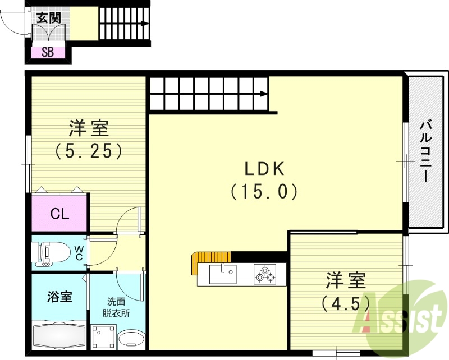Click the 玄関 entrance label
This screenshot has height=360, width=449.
coord(49,17)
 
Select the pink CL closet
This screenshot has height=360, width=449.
coord(59,214)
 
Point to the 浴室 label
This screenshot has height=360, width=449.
coord(59,297)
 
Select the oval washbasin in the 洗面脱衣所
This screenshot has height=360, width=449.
coord(133,339)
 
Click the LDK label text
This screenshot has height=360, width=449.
coord(264,168)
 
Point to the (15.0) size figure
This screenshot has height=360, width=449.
coord(263,192)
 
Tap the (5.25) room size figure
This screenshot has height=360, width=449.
coord(89,150)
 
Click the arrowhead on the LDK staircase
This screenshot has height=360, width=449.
coord(264,94)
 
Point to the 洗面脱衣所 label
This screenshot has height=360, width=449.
coord(118,307)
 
